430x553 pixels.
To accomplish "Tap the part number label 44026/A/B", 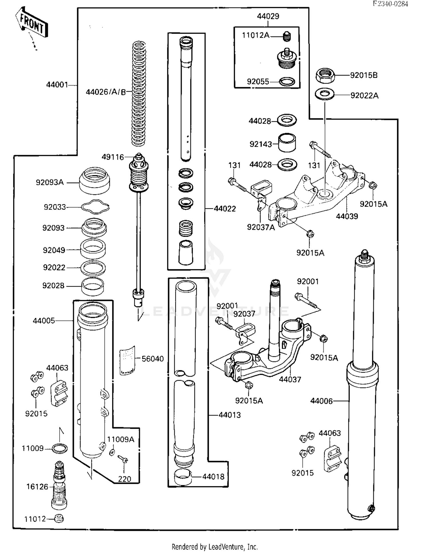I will pos(106,92).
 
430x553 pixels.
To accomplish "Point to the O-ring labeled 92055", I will pos(287,82).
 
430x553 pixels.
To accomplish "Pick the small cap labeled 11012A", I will pos(286,36).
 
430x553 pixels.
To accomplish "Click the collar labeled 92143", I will pos(287,143).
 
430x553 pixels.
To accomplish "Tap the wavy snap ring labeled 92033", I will pos(95,207).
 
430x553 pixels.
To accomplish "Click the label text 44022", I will pos(225,209).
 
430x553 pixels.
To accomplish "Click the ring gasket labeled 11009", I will pos(60,448).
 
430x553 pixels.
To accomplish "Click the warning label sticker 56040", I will pos(127,361).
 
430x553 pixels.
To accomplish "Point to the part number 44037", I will pos(290,380).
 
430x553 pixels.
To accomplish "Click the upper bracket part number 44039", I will pos(347,216).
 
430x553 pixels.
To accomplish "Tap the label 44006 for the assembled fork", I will pos(321,401).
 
